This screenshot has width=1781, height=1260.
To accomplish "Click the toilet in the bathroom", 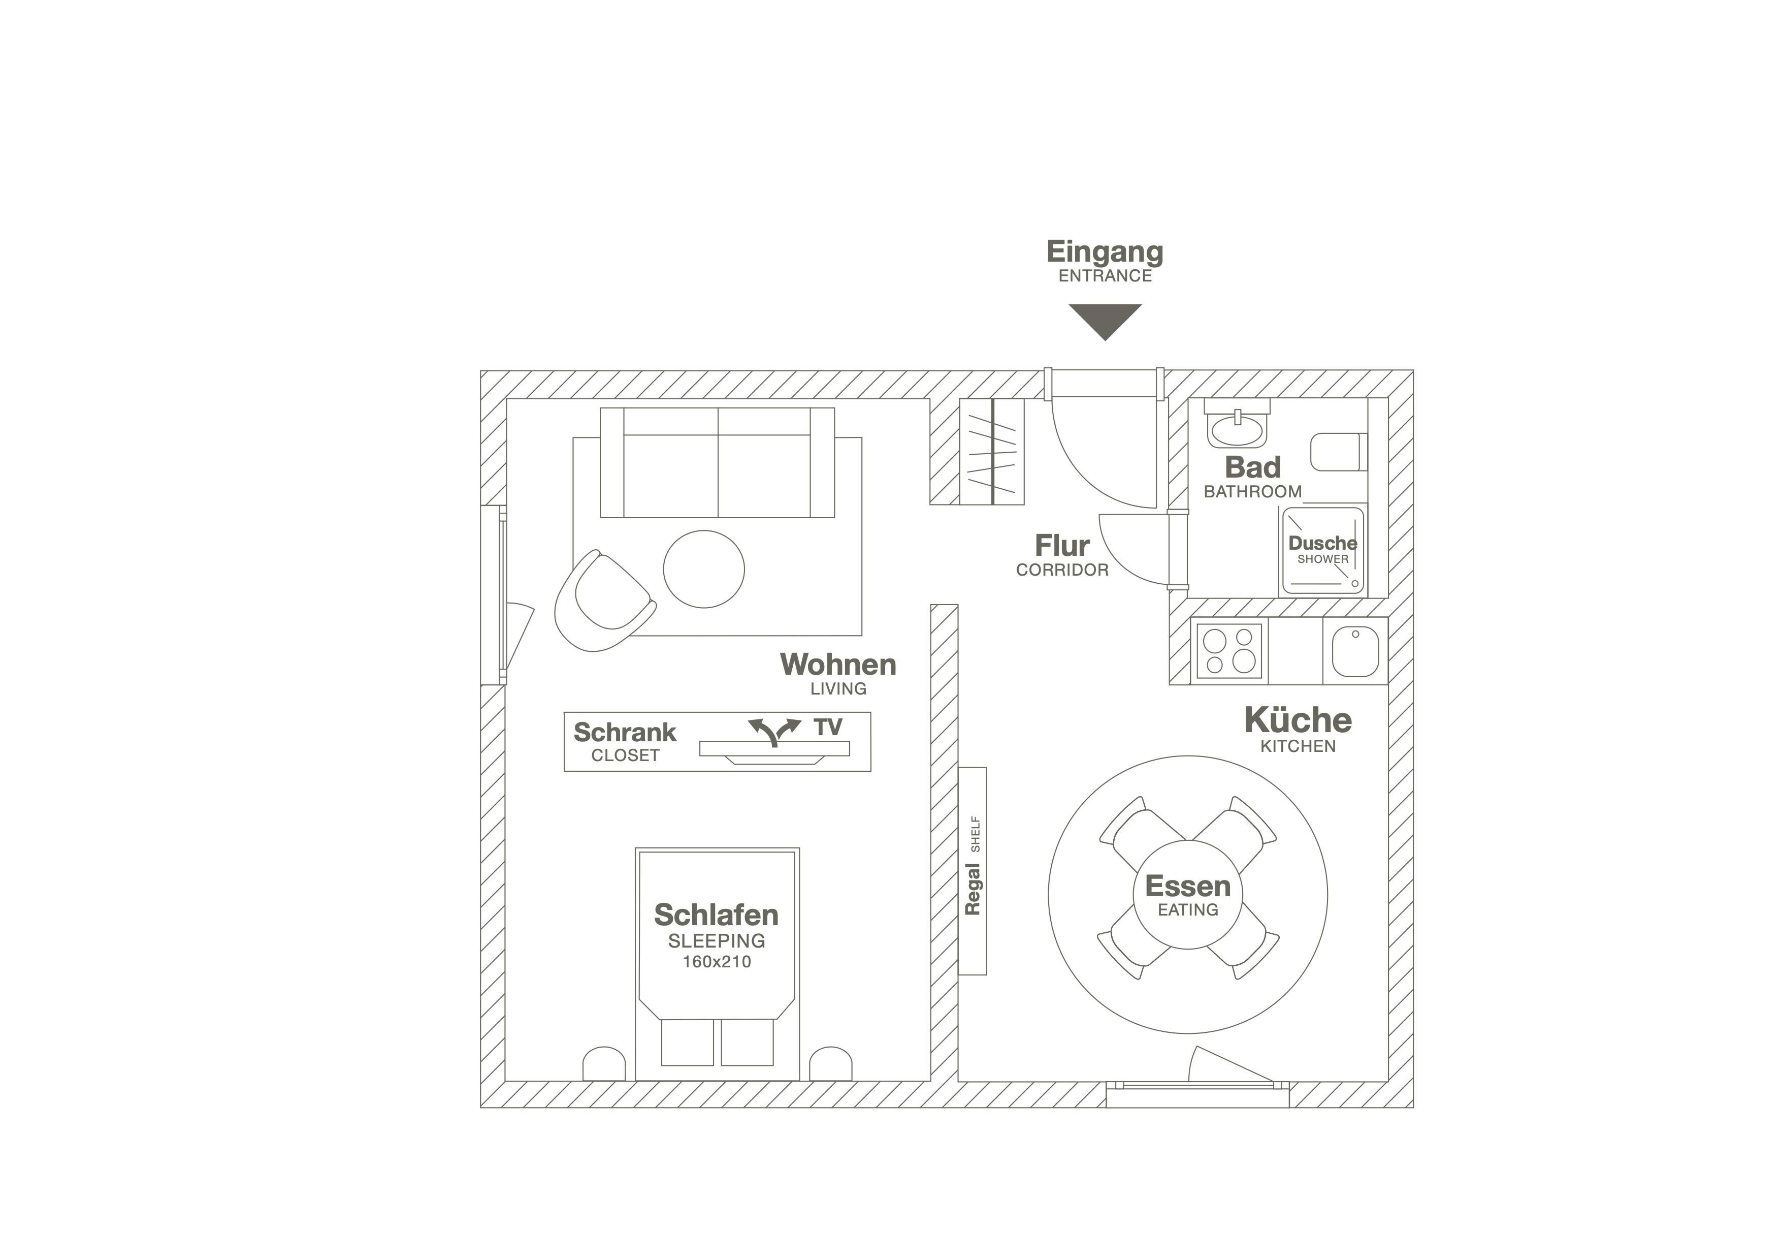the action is pyautogui.click(x=1339, y=452).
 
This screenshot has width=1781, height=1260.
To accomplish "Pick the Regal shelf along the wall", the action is pyautogui.click(x=973, y=870).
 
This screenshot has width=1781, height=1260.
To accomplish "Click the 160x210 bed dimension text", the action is pyautogui.click(x=717, y=962).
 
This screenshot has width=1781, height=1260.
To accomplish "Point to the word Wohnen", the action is pyautogui.click(x=838, y=665).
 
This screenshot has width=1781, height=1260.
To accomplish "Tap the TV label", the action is pyautogui.click(x=828, y=727).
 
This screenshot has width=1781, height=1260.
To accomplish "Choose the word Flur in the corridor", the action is pyautogui.click(x=1062, y=546).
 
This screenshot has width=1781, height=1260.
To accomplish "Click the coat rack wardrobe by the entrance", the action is pyautogui.click(x=992, y=452).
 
